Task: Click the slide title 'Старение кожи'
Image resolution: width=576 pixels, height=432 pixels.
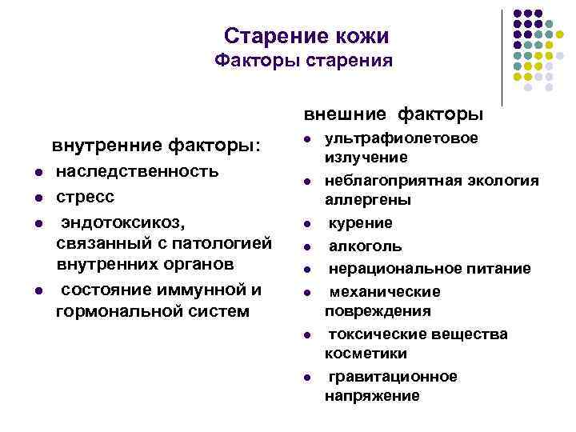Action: (306, 36)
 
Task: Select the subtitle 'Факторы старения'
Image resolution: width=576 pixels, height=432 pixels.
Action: (304, 61)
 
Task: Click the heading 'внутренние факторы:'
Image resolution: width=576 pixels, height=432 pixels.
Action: (156, 146)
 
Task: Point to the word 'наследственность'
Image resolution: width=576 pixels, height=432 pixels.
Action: (137, 172)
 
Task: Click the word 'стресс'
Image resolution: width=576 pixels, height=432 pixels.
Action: (85, 196)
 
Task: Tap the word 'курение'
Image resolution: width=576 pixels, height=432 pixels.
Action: (362, 223)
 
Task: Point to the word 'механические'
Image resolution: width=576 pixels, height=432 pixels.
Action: (385, 292)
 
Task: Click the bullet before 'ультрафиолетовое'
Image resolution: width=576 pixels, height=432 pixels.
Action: (306, 139)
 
